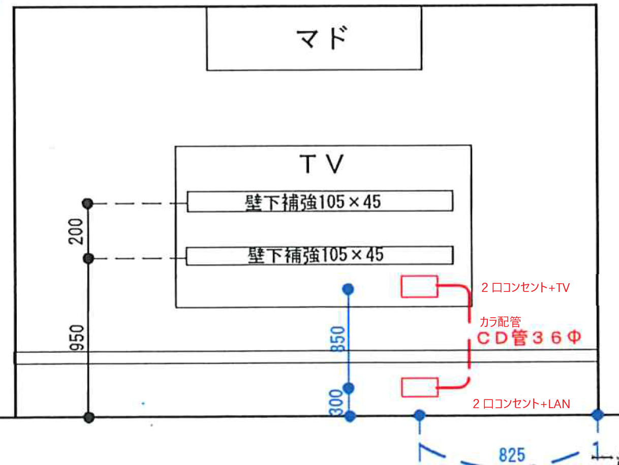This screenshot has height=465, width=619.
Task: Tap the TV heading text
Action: coord(322,164)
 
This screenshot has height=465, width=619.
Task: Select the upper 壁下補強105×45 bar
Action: coord(320,201)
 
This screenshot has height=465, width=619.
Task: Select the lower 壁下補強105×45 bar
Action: coord(320,255)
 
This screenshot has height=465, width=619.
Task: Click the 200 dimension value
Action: coord(77,231)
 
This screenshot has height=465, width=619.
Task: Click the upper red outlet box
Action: coord(419,287)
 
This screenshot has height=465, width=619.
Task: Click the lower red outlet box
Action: coord(419,387)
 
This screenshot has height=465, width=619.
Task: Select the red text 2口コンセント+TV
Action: coord(525,288)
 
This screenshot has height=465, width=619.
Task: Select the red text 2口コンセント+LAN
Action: coord(521,404)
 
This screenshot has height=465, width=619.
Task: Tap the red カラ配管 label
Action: coord(500,321)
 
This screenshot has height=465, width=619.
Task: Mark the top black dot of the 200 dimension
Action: coord(88,203)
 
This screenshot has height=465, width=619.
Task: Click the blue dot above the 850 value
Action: coord(348,289)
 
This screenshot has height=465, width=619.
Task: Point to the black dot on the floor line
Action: coord(89,417)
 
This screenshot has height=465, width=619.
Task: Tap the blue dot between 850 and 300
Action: coord(348,388)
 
